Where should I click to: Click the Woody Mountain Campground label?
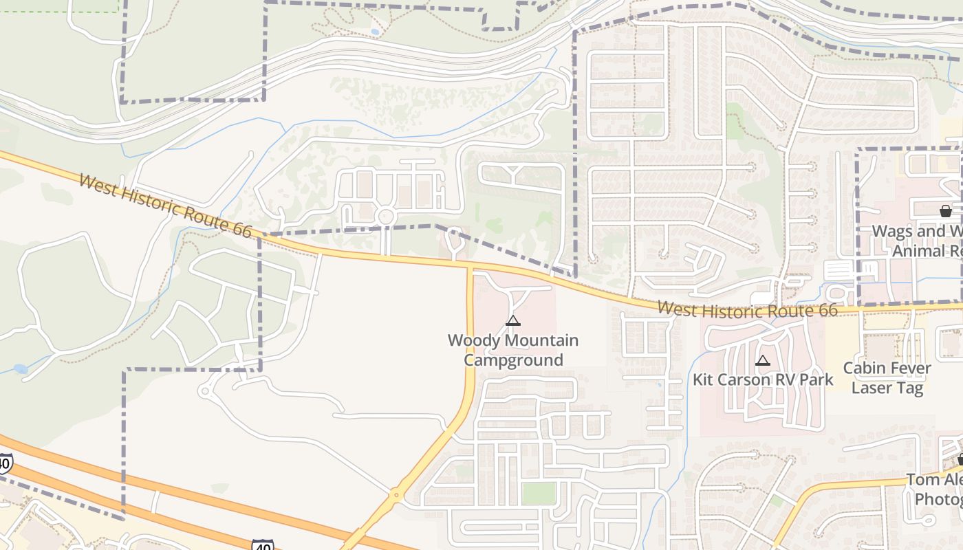pyautogui.click(x=512, y=350)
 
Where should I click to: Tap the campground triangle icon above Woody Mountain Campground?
pyautogui.click(x=512, y=320)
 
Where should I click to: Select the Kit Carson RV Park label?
pyautogui.click(x=762, y=379)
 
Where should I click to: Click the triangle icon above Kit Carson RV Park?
pyautogui.click(x=762, y=360)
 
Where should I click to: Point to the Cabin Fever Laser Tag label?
pyautogui.click(x=887, y=378)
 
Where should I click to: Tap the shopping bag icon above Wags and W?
pyautogui.click(x=946, y=211)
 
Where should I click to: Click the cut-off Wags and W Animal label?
pyautogui.click(x=918, y=241)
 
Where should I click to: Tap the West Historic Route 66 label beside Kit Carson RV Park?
pyautogui.click(x=747, y=310)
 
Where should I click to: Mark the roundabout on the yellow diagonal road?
pyautogui.click(x=396, y=494)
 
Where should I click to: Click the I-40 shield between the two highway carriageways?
pyautogui.click(x=262, y=544)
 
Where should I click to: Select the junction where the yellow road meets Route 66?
pyautogui.click(x=470, y=264)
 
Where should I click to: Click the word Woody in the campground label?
pyautogui.click(x=474, y=340)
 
